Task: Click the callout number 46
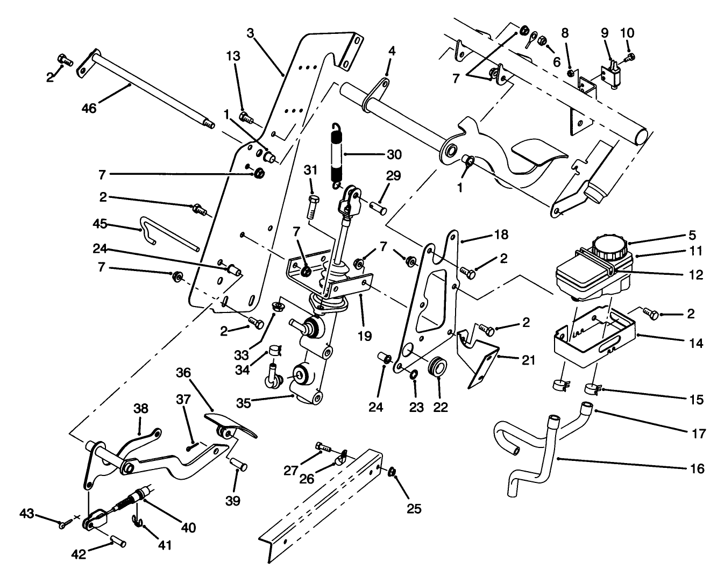[89, 108]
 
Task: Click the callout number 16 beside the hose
[697, 469]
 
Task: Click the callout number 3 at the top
[250, 33]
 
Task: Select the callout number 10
[627, 33]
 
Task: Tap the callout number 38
[140, 410]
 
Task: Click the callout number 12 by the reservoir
[696, 275]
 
